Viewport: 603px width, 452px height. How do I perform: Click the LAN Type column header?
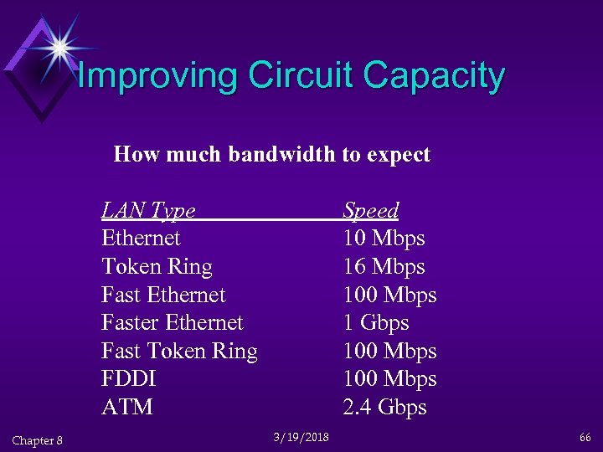(148, 210)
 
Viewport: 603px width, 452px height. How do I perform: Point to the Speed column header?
(371, 210)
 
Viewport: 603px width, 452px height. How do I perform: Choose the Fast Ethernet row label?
(163, 295)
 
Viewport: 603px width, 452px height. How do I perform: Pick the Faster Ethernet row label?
(172, 323)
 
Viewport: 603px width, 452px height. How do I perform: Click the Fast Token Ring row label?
(179, 352)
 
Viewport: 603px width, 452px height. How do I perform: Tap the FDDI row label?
(129, 379)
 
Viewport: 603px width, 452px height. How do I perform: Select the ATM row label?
(127, 408)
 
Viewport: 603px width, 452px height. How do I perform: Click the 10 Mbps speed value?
(384, 239)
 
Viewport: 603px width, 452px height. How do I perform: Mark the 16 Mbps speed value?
(384, 267)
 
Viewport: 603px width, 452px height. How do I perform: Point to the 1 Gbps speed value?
(376, 323)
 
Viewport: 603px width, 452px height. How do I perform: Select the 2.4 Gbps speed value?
(385, 408)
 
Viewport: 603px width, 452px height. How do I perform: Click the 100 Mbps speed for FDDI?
(390, 379)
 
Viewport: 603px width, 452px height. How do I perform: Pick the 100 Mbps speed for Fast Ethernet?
(390, 295)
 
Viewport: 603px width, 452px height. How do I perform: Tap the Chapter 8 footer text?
(38, 440)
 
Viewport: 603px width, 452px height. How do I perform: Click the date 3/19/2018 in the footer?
(301, 437)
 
